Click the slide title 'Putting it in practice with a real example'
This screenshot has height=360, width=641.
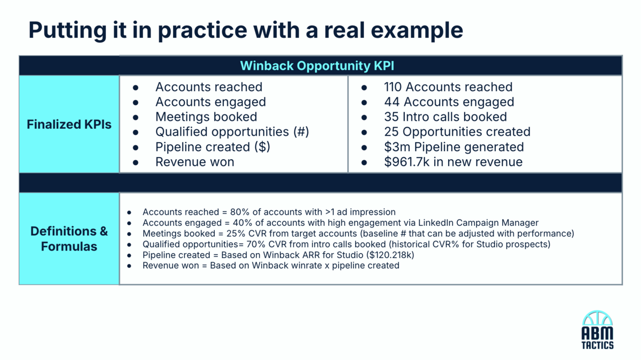coord(245,30)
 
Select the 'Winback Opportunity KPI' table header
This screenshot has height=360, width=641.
coord(317,66)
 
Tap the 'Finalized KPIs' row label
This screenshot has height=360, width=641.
coord(69,124)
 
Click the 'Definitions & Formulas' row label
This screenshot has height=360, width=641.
coord(69,239)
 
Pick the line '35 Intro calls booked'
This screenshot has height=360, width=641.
coord(445,117)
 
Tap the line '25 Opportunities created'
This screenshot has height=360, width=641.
coord(457,132)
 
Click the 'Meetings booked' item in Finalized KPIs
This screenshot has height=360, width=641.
coord(206,117)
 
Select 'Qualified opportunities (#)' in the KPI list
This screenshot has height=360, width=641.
coord(232,132)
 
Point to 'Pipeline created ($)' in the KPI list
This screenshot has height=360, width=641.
coord(213,147)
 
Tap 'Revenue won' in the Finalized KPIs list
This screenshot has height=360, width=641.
coord(194,162)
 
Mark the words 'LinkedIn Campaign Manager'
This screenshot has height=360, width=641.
coord(483,223)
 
